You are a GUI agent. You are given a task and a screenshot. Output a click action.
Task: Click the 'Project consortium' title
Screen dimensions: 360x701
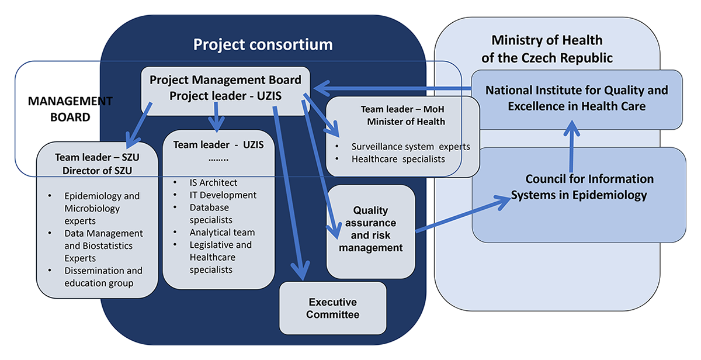(263, 44)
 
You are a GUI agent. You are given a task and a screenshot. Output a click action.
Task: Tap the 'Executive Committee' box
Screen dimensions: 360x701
(333, 309)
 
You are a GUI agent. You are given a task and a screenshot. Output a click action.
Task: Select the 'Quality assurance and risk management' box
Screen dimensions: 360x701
(370, 229)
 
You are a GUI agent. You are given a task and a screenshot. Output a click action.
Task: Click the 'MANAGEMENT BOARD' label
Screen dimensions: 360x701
(70, 109)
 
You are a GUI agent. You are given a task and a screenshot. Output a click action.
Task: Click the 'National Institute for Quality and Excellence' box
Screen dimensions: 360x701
(576, 98)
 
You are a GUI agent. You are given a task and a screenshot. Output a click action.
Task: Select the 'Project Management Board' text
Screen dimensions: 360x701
(225, 79)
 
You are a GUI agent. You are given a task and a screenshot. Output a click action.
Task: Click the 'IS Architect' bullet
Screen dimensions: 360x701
(213, 183)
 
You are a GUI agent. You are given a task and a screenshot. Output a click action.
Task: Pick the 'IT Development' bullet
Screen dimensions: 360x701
(223, 195)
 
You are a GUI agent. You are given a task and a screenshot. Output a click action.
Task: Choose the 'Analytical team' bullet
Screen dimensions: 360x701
(222, 232)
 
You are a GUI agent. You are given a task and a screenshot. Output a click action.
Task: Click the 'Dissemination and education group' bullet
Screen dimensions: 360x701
(103, 277)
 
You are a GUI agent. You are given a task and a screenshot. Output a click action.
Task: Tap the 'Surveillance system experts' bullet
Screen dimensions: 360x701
(410, 147)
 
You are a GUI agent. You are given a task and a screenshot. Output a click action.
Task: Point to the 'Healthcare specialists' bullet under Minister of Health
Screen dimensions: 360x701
(398, 159)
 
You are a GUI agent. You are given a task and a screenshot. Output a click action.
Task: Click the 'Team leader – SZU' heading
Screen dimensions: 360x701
(97, 157)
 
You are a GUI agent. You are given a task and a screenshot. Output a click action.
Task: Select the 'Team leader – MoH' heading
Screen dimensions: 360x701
(402, 109)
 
